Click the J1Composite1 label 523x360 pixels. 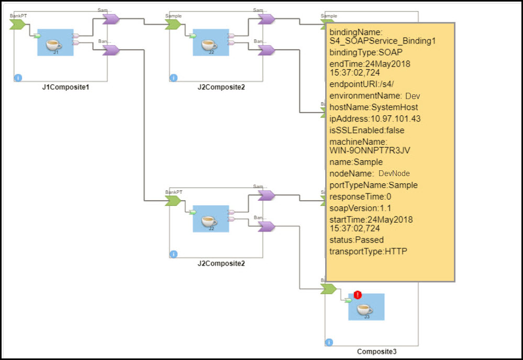[x=65, y=87]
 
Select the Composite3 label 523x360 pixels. [x=376, y=352]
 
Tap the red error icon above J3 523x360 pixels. [x=358, y=295]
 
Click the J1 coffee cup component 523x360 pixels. [x=55, y=43]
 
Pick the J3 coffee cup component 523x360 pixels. [x=366, y=309]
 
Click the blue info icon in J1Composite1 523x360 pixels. [x=18, y=78]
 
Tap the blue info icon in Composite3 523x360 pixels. [x=329, y=342]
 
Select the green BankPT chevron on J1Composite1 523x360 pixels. [x=17, y=24]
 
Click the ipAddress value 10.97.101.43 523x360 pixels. [x=390, y=119]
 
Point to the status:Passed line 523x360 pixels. [x=356, y=240]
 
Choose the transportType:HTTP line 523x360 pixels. [x=368, y=252]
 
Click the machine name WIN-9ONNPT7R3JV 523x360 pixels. [x=370, y=150]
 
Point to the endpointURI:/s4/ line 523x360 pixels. [x=357, y=86]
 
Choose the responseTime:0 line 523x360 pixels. [x=361, y=197]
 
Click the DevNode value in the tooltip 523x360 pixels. [x=394, y=173]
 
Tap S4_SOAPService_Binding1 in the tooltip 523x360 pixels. [x=382, y=40]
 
